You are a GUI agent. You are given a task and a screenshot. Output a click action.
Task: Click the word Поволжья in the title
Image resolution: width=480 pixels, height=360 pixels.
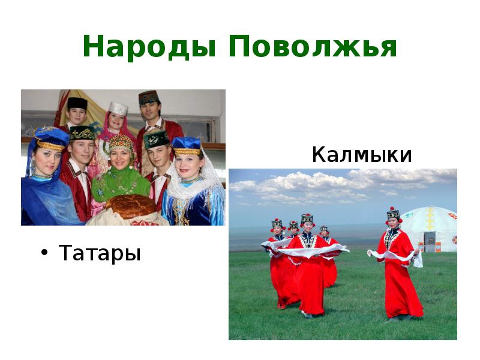tap(313, 47)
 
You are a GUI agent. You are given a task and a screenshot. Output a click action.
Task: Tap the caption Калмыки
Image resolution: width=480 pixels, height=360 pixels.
tap(362, 155)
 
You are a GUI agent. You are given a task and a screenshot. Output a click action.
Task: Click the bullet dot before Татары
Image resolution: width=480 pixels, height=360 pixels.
tap(44, 253)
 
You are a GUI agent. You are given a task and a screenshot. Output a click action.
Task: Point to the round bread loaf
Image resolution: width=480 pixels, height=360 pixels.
tap(130, 206)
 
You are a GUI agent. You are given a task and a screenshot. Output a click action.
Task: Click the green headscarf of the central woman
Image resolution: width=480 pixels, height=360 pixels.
tap(120, 179)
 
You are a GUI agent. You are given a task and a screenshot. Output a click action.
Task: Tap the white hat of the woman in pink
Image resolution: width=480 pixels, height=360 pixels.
tap(118, 108)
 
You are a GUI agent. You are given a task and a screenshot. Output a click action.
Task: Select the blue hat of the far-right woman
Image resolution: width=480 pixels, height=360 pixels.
tap(186, 145)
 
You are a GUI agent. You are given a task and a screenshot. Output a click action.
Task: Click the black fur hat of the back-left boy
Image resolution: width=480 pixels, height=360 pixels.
tap(77, 104)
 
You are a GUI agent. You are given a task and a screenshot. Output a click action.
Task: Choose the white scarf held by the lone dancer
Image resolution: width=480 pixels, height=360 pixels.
tap(390, 256)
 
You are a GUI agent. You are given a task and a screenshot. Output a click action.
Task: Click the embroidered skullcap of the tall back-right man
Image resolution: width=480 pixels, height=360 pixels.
tap(148, 97)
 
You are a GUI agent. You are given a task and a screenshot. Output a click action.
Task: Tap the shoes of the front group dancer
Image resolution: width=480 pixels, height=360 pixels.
tap(306, 314)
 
